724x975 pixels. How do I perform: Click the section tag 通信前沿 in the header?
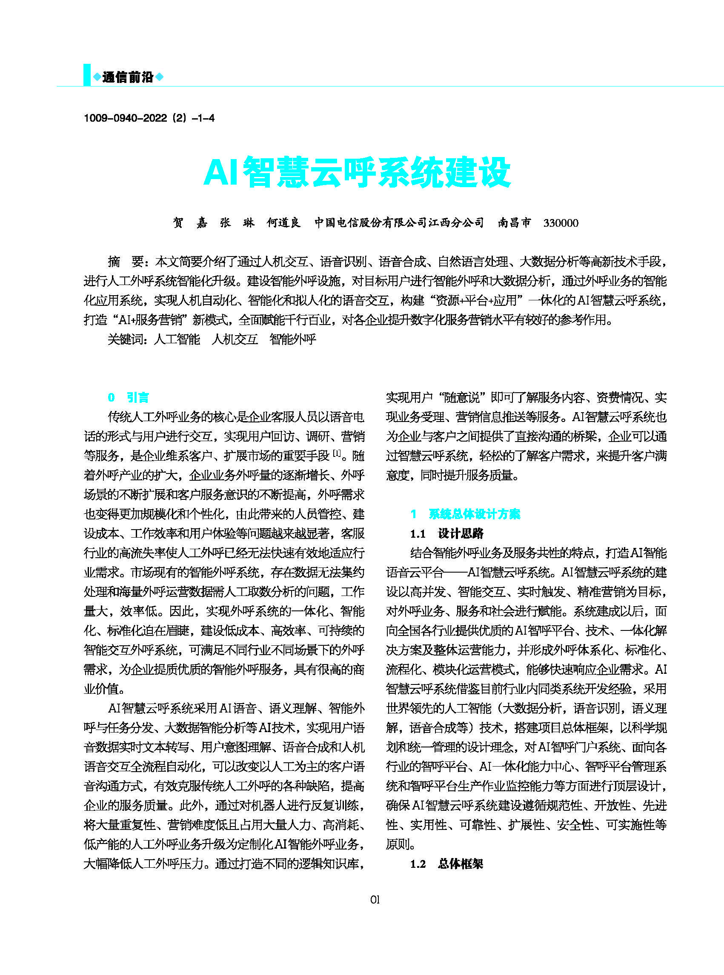point(128,77)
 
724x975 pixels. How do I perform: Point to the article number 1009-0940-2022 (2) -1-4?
point(149,118)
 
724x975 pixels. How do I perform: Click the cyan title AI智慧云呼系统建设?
point(357,172)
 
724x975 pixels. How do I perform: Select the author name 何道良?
point(283,223)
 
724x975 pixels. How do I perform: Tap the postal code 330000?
point(561,223)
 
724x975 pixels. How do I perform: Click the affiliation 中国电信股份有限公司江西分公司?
point(399,223)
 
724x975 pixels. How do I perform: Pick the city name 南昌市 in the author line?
point(514,223)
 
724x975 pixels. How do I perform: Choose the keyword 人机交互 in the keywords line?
point(235,339)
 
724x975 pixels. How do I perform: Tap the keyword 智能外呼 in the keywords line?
point(293,339)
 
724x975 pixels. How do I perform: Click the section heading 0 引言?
point(129,397)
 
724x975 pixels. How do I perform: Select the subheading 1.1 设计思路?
point(446,533)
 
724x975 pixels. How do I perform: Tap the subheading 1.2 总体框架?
point(446,863)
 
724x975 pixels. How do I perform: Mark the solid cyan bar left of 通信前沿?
point(87,75)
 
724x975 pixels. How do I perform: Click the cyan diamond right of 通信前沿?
point(160,77)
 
